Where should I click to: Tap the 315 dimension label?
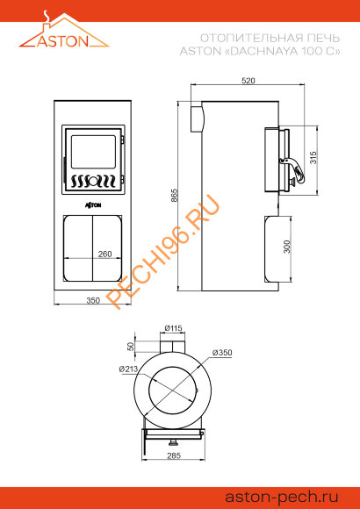pyautogui.click(x=313, y=158)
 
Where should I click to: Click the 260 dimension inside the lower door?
pyautogui.click(x=104, y=254)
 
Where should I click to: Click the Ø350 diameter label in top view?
pyautogui.click(x=221, y=353)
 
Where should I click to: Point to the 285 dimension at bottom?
pyautogui.click(x=174, y=455)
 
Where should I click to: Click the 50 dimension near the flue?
pyautogui.click(x=132, y=344)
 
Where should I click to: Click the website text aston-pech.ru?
pyautogui.click(x=282, y=496)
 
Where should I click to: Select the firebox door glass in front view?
pyautogui.click(x=93, y=151)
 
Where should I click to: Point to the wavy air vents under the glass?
pyautogui.click(x=95, y=182)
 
